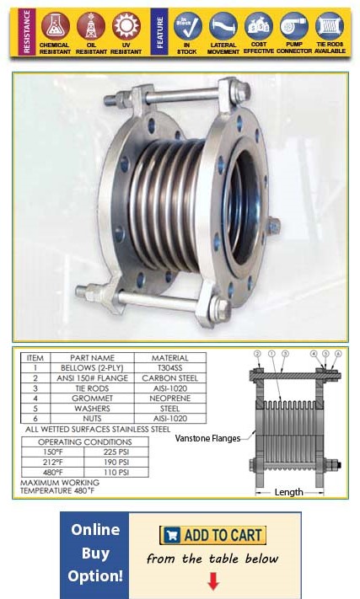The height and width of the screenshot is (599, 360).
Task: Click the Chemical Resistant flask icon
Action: pos(54,25)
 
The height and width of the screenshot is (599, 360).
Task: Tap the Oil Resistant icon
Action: pos(90,25)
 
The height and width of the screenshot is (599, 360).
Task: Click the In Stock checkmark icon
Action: pos(188,25)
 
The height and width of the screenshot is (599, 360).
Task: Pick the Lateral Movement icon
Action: pos(223,25)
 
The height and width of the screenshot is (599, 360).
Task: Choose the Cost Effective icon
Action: pos(259,25)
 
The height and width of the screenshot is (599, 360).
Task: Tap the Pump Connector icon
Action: pos(294,25)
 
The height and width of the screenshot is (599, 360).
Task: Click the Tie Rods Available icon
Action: pos(330,25)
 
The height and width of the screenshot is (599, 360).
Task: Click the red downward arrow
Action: pos(212,580)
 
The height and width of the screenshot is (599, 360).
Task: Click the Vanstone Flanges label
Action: pos(207,437)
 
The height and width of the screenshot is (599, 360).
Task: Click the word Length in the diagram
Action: pos(289,492)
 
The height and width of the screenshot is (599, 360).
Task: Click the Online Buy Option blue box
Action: pos(94,553)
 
